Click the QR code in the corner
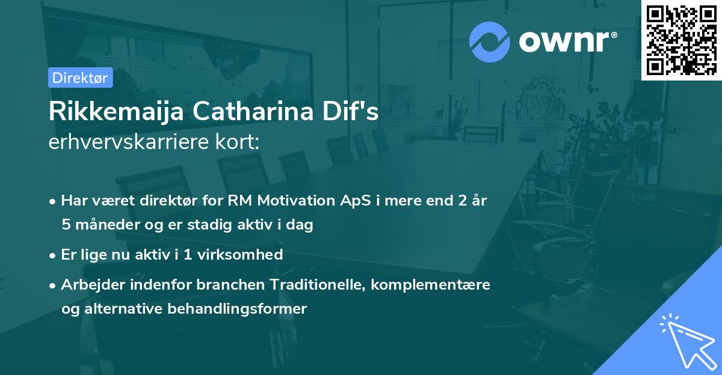tap(681, 40)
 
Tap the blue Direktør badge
tap(80, 78)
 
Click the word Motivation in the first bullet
tap(285, 201)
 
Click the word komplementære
tap(431, 284)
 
